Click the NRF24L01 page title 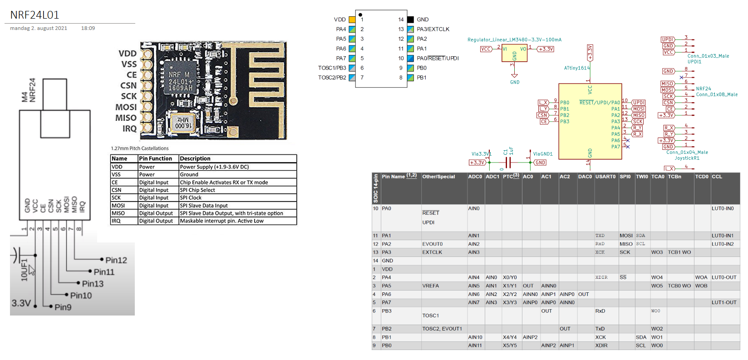(x=35, y=15)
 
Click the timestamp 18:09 (x=88, y=28)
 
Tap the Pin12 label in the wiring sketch (x=116, y=260)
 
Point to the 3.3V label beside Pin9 (x=21, y=303)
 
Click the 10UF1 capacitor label (x=24, y=270)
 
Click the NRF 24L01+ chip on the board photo (x=180, y=81)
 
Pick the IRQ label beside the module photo (x=129, y=129)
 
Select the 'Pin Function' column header (x=155, y=158)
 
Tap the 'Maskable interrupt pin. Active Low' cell (x=221, y=221)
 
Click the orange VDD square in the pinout (x=352, y=20)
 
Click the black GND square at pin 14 (x=410, y=20)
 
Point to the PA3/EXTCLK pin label (x=433, y=29)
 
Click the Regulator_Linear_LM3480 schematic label (x=514, y=39)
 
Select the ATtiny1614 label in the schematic (x=576, y=68)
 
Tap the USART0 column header (x=605, y=177)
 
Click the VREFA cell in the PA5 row (x=430, y=286)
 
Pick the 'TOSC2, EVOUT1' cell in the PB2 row (x=442, y=329)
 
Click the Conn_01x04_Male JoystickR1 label (x=687, y=155)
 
